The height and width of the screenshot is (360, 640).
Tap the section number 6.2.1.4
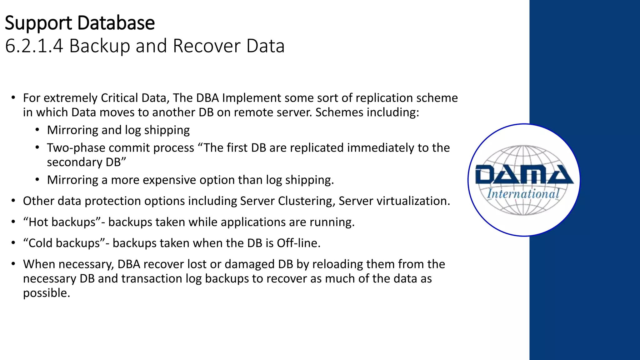(34, 46)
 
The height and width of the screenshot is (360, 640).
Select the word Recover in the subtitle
(207, 46)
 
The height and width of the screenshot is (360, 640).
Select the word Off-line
(298, 243)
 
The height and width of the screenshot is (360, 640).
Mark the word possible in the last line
(46, 293)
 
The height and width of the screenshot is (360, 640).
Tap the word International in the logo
(523, 194)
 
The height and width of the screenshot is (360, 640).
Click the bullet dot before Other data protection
(13, 201)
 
